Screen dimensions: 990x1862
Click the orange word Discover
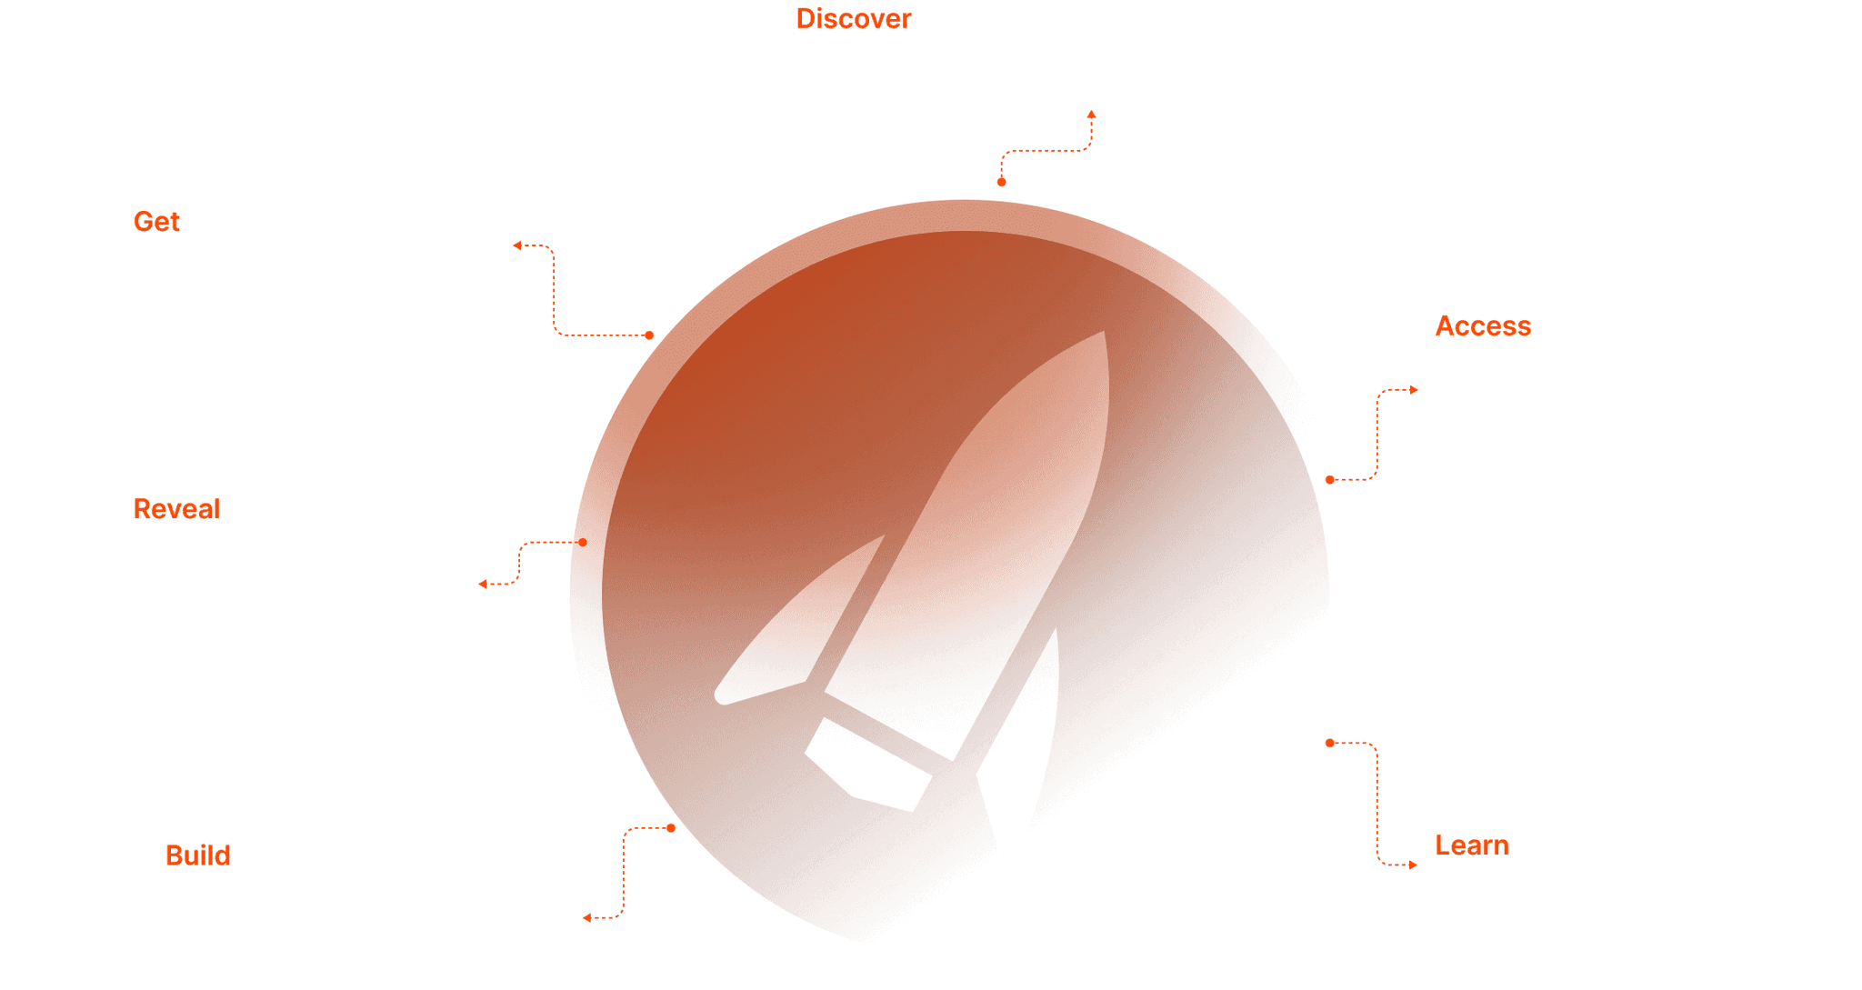pyautogui.click(x=853, y=19)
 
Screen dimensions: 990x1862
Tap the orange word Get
pyautogui.click(x=156, y=222)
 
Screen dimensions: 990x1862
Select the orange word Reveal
pyautogui.click(x=176, y=509)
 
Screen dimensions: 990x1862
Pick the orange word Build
pyautogui.click(x=197, y=856)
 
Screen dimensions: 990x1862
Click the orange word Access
pyautogui.click(x=1483, y=326)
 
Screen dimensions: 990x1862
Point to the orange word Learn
pyautogui.click(x=1471, y=845)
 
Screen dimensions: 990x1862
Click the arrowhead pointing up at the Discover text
pyautogui.click(x=1091, y=115)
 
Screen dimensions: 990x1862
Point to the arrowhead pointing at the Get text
pyautogui.click(x=516, y=245)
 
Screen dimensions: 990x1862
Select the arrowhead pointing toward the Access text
pyautogui.click(x=1414, y=390)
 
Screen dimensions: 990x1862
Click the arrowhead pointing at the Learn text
pyautogui.click(x=1413, y=865)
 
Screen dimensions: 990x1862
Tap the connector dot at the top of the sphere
pyautogui.click(x=1001, y=182)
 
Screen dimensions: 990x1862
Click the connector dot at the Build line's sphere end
pyautogui.click(x=671, y=828)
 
